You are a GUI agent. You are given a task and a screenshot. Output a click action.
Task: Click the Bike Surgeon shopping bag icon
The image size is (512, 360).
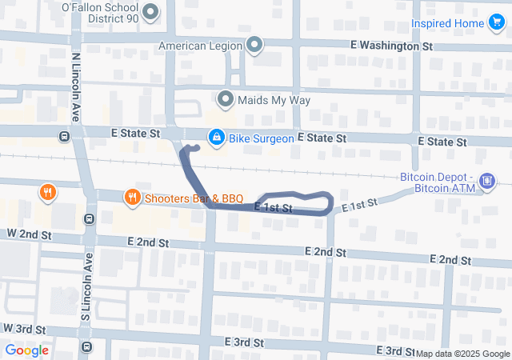point(215,138)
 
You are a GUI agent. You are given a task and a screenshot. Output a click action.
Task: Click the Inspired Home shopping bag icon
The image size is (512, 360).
point(498,23)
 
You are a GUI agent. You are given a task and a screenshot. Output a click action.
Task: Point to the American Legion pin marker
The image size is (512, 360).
point(255,45)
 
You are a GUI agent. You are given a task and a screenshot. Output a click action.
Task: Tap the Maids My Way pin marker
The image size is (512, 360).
point(226,100)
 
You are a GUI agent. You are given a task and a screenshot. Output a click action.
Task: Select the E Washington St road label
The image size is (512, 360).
point(396,46)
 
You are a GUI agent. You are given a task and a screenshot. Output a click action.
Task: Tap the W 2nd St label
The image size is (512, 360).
point(30,233)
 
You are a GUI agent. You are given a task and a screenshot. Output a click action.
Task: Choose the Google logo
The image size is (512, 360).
point(26,350)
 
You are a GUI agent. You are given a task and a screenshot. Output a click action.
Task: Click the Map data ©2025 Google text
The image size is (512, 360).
point(462,354)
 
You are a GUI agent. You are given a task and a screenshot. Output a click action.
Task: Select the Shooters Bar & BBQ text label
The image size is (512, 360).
point(194,197)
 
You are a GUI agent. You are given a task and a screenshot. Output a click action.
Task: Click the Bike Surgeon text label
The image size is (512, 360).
point(261,138)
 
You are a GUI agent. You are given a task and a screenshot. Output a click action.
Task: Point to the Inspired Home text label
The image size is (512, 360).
point(448,23)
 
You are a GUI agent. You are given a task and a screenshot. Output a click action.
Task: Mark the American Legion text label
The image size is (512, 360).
point(200,46)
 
